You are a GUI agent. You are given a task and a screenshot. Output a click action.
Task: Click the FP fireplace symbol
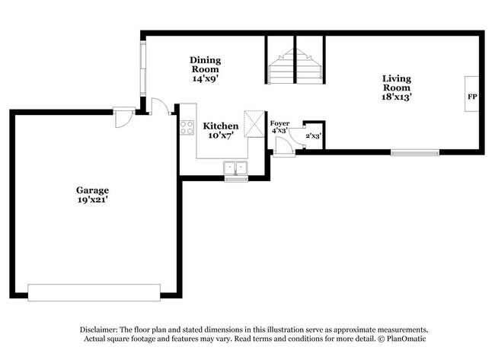[472, 97]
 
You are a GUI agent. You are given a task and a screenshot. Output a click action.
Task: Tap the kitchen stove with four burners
[187, 127]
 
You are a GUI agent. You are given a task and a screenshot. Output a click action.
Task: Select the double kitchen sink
[235, 168]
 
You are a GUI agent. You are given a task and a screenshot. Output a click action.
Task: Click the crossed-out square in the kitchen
[253, 124]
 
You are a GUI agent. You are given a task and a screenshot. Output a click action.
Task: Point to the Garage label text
[91, 190]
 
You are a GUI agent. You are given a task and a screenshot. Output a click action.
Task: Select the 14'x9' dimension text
[205, 78]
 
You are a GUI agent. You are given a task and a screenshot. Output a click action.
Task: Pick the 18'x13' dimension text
[397, 97]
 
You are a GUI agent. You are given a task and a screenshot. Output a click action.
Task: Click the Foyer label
[279, 123]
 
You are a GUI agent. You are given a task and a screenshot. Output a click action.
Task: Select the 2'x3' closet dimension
[313, 135]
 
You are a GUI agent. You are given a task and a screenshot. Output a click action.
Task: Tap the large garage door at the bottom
[94, 292]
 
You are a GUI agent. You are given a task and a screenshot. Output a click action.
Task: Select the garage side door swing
[121, 118]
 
